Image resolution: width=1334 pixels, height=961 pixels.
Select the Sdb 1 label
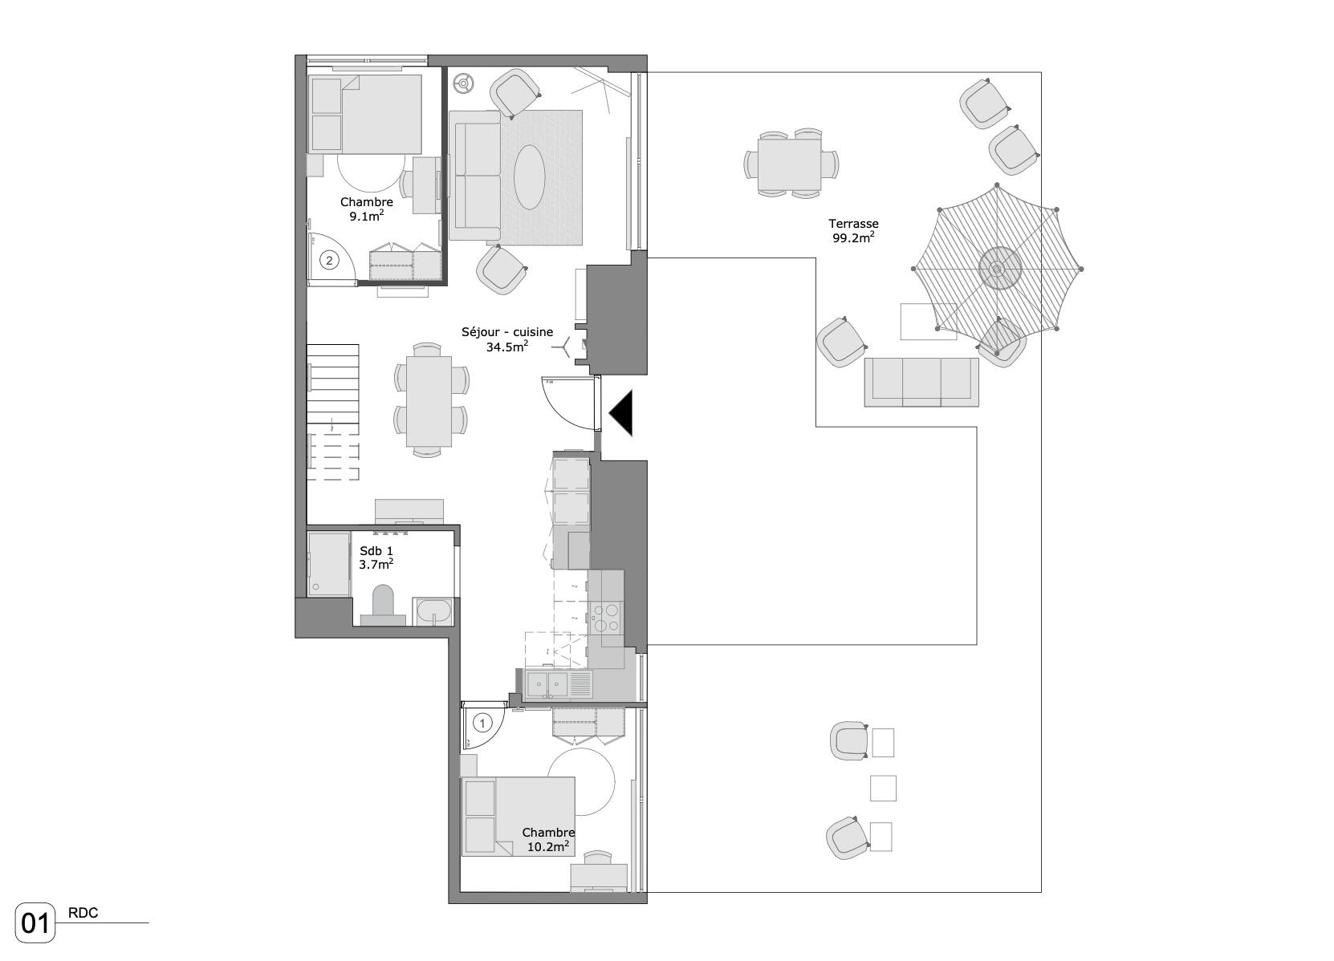(x=376, y=551)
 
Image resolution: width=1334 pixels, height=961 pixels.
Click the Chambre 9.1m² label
(x=366, y=209)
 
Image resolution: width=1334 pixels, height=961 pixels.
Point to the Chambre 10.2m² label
(x=548, y=840)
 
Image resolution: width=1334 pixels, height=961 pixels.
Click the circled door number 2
(x=329, y=260)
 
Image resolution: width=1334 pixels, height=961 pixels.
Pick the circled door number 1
(x=482, y=723)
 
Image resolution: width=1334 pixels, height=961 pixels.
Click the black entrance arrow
(x=620, y=413)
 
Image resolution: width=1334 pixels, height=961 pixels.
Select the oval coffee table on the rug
(x=529, y=176)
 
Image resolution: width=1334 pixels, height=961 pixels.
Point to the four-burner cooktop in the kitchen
(x=607, y=618)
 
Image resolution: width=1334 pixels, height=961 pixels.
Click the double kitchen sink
(x=548, y=683)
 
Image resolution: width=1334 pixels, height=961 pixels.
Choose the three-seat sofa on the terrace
(x=921, y=382)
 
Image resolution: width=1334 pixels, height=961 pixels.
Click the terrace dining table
(x=790, y=164)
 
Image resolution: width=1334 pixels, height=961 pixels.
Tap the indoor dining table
(x=429, y=401)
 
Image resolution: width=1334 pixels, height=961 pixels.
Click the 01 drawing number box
(x=35, y=923)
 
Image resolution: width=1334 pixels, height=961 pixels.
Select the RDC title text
(x=83, y=913)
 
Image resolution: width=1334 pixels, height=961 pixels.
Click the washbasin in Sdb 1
(x=433, y=612)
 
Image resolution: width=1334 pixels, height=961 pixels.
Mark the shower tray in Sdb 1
(x=329, y=564)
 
